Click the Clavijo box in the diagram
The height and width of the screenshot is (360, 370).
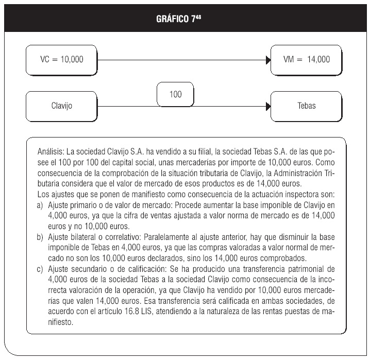[x=61, y=106]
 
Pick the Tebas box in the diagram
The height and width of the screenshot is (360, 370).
[x=307, y=106]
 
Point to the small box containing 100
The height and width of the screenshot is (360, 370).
[x=176, y=95]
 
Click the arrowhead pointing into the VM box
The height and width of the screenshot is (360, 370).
[x=268, y=60]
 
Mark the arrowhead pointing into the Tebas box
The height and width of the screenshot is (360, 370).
[x=268, y=106]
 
